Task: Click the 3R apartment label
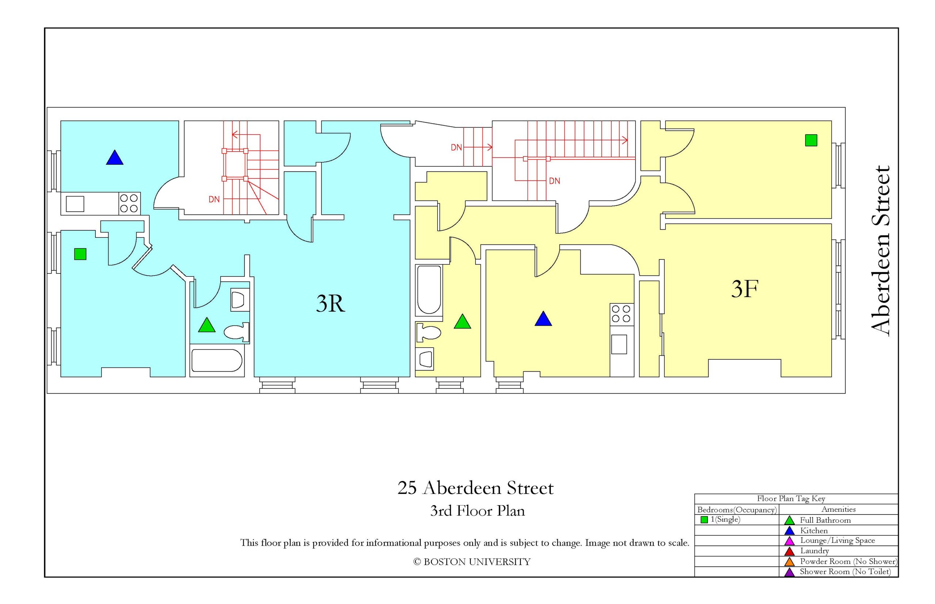(x=330, y=303)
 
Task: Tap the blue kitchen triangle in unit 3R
(x=115, y=157)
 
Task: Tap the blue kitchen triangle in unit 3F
(x=543, y=318)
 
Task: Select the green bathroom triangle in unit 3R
(x=207, y=325)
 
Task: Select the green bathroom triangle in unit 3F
(x=462, y=321)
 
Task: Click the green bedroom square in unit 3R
(x=80, y=254)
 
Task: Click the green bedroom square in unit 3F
(x=811, y=140)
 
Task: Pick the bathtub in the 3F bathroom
(x=429, y=290)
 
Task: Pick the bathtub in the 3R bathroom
(x=217, y=360)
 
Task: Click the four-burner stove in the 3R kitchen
(x=129, y=203)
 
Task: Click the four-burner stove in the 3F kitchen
(x=621, y=314)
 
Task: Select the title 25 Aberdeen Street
(x=476, y=488)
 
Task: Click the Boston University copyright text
(x=472, y=562)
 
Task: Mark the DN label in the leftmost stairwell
(x=214, y=199)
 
